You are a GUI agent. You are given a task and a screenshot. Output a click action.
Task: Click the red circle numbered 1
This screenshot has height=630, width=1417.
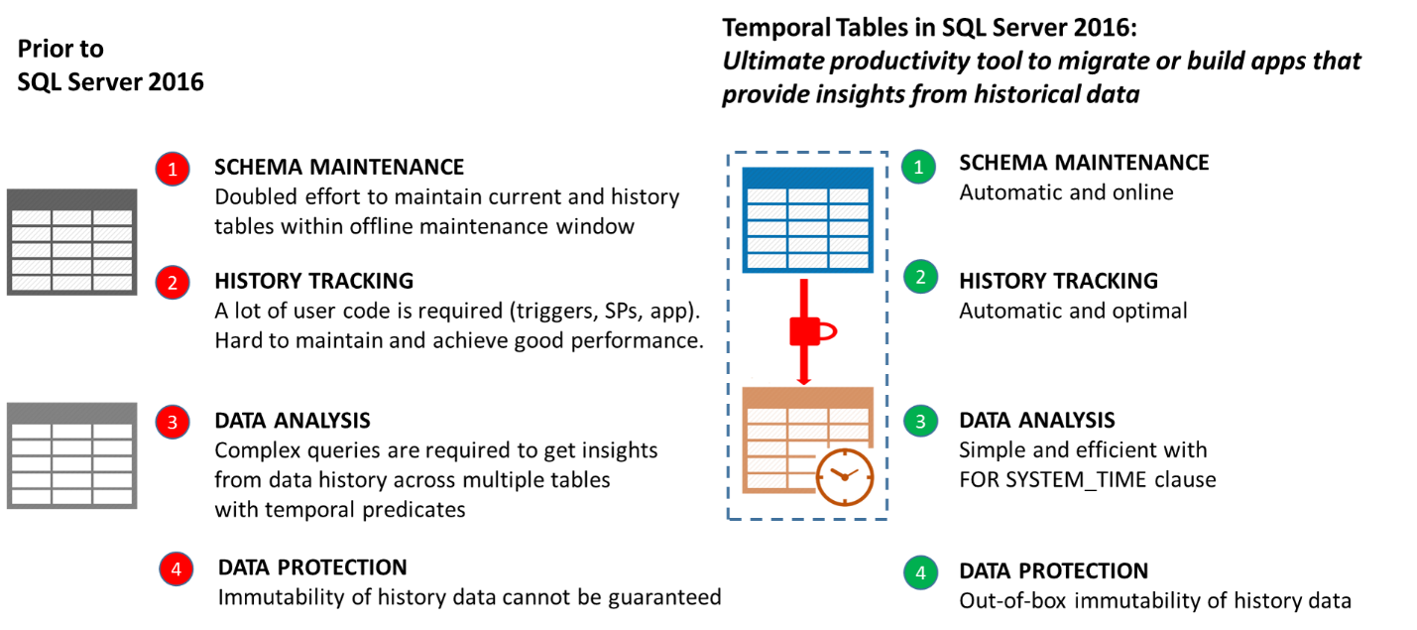pos(173,169)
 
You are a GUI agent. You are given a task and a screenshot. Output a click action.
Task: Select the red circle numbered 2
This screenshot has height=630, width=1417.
pos(173,283)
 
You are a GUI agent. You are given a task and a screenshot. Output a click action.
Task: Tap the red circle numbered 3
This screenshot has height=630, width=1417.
pos(173,422)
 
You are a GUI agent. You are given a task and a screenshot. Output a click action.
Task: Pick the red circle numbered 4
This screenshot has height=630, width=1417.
pos(177,568)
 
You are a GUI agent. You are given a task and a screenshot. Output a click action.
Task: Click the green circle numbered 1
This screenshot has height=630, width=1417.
pos(918,167)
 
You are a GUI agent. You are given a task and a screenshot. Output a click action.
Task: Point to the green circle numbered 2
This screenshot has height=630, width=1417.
pos(920,276)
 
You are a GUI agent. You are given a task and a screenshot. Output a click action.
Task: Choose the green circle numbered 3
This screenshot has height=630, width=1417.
pos(920,421)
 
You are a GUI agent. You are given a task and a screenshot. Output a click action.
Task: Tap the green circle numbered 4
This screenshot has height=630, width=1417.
pos(920,572)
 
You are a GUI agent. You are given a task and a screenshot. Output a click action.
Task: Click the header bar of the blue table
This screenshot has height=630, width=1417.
pos(807,177)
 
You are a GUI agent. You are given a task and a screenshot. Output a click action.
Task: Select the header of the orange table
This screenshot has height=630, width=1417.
pos(807,396)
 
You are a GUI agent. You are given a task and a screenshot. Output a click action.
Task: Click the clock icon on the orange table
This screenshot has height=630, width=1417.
pos(845,477)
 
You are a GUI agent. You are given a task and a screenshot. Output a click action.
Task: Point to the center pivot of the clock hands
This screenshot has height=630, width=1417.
pos(844,477)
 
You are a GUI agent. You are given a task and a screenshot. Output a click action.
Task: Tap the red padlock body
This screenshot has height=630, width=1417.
pos(802,331)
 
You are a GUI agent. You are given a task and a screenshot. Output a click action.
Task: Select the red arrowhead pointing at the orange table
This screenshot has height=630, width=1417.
pos(804,381)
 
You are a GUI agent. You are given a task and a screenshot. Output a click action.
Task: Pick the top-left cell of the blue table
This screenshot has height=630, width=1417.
pos(767,195)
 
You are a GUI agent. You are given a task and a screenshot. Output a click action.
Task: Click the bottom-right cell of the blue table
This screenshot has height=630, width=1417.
pos(849,261)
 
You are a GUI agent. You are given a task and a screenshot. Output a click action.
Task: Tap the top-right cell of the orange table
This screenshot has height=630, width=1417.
pos(849,416)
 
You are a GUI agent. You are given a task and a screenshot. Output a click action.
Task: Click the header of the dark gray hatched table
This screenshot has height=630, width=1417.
pos(71,198)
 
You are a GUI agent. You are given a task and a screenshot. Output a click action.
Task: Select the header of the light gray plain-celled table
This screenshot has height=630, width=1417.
pos(71,412)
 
